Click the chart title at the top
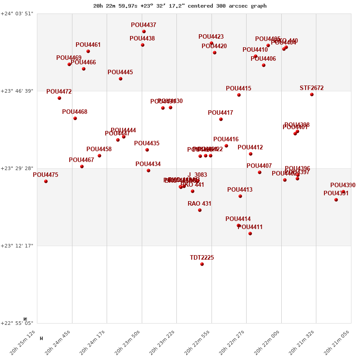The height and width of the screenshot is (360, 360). pyautogui.click(x=180, y=6)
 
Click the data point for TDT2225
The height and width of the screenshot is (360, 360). pyautogui.click(x=202, y=264)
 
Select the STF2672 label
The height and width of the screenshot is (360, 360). pyautogui.click(x=311, y=88)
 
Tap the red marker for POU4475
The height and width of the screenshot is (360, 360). pyautogui.click(x=46, y=181)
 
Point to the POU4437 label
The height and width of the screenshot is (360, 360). pyautogui.click(x=144, y=25)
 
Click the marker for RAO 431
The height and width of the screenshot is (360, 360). pyautogui.click(x=200, y=210)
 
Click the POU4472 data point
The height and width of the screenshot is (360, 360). pyautogui.click(x=59, y=98)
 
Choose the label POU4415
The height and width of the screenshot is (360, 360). pyautogui.click(x=238, y=89)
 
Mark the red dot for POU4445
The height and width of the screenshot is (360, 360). pyautogui.click(x=121, y=79)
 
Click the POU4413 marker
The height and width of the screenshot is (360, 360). pyautogui.click(x=240, y=196)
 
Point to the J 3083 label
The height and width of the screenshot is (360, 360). pyautogui.click(x=198, y=175)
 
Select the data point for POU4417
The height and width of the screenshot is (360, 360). pyautogui.click(x=221, y=119)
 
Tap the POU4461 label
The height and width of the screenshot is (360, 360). pyautogui.click(x=88, y=45)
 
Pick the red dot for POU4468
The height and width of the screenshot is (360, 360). pyautogui.click(x=75, y=118)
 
